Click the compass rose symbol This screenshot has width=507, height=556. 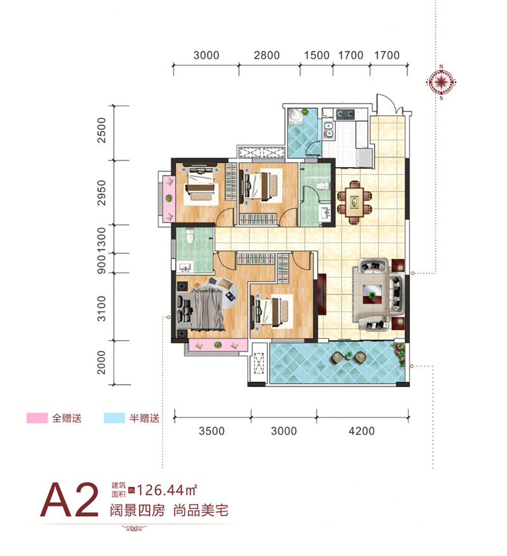[x=441, y=82]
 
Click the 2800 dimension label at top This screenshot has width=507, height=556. [x=267, y=55]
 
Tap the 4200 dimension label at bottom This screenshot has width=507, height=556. [x=361, y=431]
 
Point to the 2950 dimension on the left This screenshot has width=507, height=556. [x=101, y=193]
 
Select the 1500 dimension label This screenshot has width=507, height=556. [x=316, y=55]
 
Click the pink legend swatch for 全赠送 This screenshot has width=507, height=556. [x=37, y=418]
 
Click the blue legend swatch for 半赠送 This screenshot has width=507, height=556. [x=114, y=418]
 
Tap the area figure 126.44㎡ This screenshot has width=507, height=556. [x=167, y=490]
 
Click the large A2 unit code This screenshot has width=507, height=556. [x=69, y=500]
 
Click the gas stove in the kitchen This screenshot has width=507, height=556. [x=345, y=114]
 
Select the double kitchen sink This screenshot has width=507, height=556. [x=328, y=130]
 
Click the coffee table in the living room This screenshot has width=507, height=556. [x=372, y=294]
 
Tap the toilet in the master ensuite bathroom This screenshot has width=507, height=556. [x=190, y=236]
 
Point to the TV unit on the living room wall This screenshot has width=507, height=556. [x=322, y=294]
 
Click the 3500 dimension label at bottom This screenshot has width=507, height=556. [x=212, y=431]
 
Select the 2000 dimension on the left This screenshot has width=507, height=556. [x=101, y=362]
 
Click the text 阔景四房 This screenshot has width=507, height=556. [x=138, y=510]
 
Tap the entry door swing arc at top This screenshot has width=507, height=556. [x=387, y=99]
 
